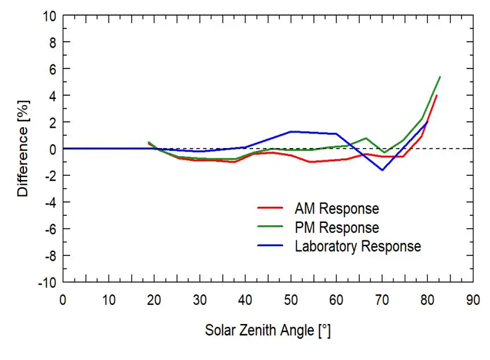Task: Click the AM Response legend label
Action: [337, 208]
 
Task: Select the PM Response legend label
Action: [337, 227]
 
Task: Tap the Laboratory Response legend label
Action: [358, 246]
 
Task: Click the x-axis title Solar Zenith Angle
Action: [268, 331]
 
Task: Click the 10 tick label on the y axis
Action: [49, 16]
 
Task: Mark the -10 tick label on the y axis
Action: [47, 282]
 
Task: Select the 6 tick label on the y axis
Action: [52, 69]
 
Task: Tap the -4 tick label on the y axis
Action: [49, 202]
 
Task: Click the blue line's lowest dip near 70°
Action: [382, 170]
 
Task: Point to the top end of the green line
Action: [440, 77]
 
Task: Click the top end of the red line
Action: [437, 95]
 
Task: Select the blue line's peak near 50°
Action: [291, 131]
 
